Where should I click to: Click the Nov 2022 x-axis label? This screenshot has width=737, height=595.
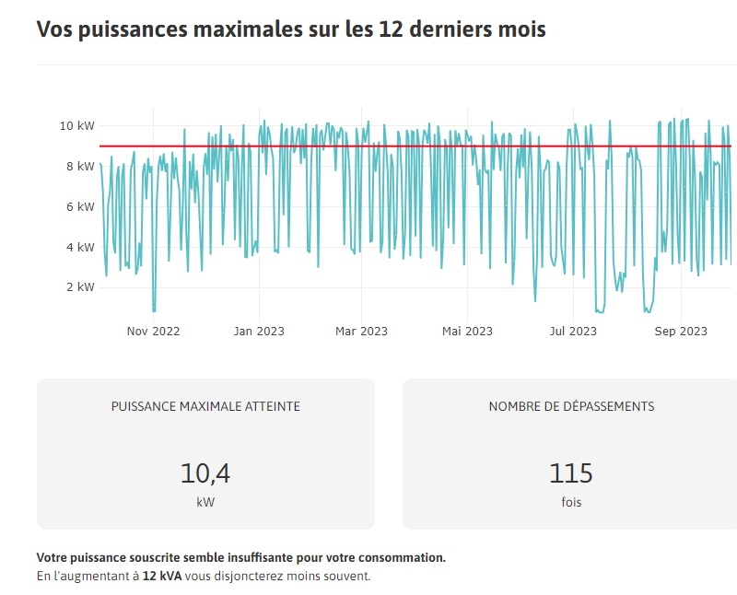tap(153, 332)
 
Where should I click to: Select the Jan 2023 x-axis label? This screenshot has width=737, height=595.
tap(258, 332)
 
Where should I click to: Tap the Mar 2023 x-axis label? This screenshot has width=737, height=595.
tap(361, 332)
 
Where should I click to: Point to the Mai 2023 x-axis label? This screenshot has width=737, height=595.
tap(467, 332)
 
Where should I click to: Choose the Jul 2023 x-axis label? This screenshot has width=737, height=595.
tap(571, 332)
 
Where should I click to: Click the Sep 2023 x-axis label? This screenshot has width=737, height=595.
tap(681, 332)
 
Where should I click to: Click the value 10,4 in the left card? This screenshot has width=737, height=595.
tap(205, 473)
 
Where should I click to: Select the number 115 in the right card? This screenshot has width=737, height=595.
tap(571, 473)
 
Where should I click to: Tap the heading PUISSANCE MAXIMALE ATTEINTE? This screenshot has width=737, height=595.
tap(205, 406)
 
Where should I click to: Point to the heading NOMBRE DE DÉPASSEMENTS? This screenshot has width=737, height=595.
tap(571, 406)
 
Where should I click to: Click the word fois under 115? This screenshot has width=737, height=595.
tap(571, 503)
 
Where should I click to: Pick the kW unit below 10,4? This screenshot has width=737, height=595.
tap(205, 503)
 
